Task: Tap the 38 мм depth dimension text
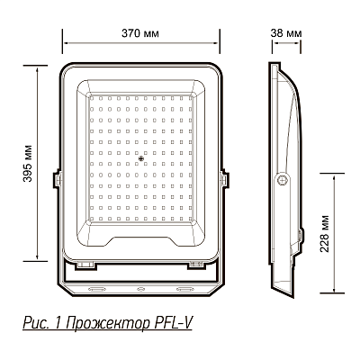[286, 31]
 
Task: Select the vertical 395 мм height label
[31, 158]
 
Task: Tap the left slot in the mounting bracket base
[96, 290]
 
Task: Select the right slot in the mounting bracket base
[185, 290]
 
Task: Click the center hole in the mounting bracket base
[141, 290]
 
